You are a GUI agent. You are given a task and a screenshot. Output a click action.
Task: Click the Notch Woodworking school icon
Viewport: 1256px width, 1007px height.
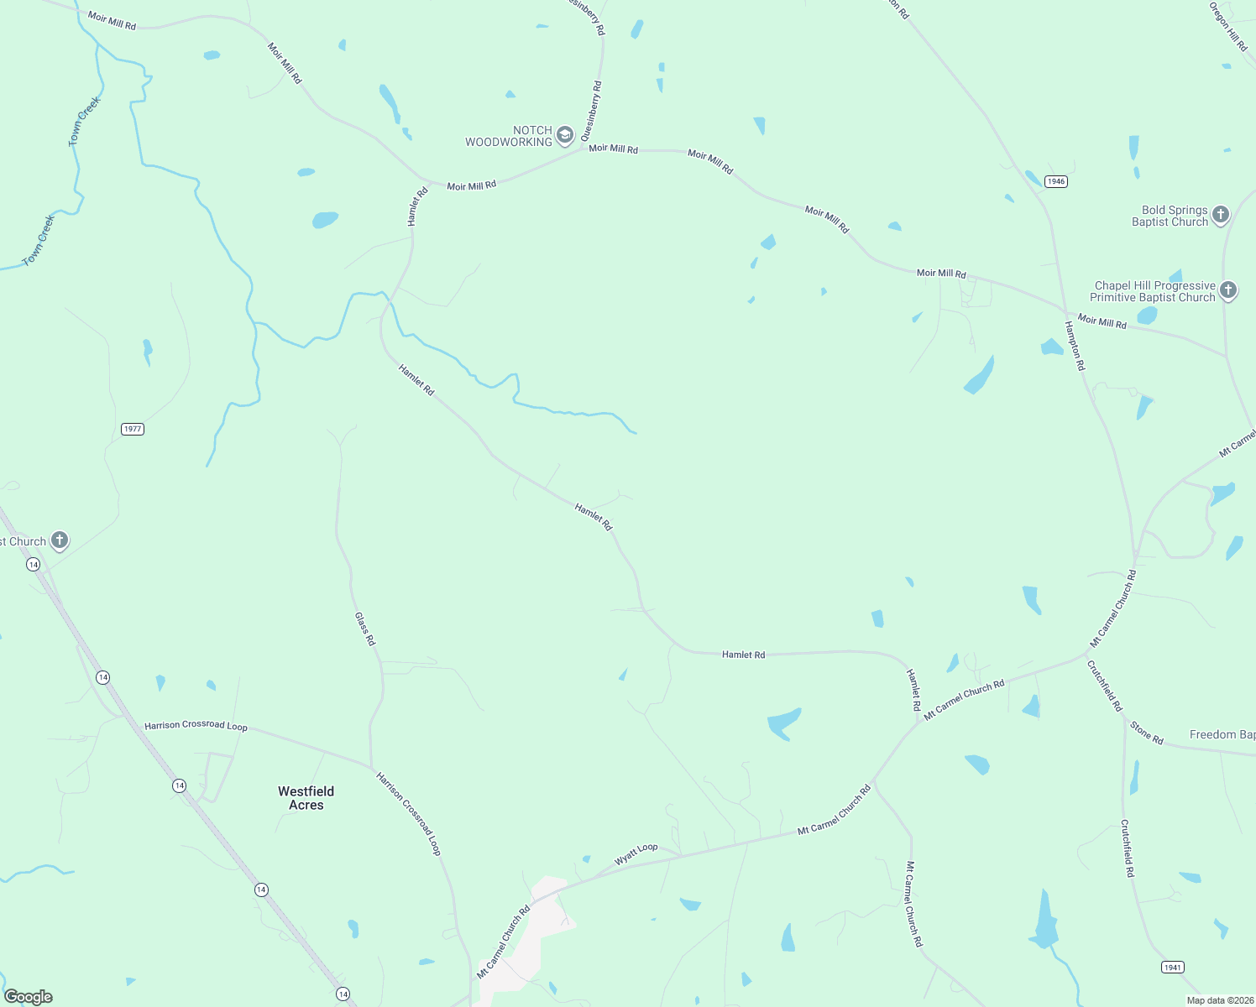pos(565,136)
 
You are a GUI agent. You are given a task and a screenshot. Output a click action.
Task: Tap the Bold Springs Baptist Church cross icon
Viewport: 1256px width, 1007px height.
pos(1221,215)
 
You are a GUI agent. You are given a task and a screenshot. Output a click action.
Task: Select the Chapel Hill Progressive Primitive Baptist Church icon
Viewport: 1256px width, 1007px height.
pos(1228,291)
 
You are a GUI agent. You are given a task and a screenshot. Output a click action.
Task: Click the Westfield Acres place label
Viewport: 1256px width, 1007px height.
pos(306,798)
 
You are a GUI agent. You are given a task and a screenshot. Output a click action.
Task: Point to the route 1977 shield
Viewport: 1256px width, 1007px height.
pos(133,429)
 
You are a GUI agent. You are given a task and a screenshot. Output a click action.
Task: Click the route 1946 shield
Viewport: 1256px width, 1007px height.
pos(1056,181)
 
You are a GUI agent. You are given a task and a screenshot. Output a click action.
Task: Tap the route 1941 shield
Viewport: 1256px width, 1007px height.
pos(1173,968)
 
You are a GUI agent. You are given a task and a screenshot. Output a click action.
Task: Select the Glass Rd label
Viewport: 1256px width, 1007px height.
pos(365,629)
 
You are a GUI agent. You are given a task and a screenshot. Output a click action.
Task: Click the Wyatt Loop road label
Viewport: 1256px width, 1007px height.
pos(636,854)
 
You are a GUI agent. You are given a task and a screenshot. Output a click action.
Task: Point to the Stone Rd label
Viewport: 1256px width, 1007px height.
pos(1147,733)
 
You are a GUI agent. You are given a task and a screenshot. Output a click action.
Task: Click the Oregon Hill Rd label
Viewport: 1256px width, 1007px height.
pos(1228,27)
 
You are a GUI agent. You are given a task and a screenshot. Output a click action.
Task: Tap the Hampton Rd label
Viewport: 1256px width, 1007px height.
pos(1075,346)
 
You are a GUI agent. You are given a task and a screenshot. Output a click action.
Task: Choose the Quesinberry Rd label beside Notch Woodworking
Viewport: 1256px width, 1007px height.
pos(592,110)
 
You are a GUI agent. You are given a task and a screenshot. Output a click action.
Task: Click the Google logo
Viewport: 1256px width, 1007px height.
pos(29,997)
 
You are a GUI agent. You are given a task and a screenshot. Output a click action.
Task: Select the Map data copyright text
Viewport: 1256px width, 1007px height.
pos(1220,1000)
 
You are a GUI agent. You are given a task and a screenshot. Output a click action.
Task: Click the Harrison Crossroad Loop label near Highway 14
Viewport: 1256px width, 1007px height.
pos(196,725)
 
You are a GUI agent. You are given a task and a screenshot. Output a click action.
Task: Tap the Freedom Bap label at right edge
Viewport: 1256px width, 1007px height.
pos(1222,734)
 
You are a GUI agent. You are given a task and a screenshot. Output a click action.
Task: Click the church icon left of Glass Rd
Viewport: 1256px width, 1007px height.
pos(60,540)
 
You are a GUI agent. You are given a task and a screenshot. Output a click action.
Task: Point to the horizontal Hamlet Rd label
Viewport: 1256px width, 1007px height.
pos(743,655)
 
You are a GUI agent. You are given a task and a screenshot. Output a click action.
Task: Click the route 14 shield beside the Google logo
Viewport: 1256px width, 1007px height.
pos(343,994)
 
